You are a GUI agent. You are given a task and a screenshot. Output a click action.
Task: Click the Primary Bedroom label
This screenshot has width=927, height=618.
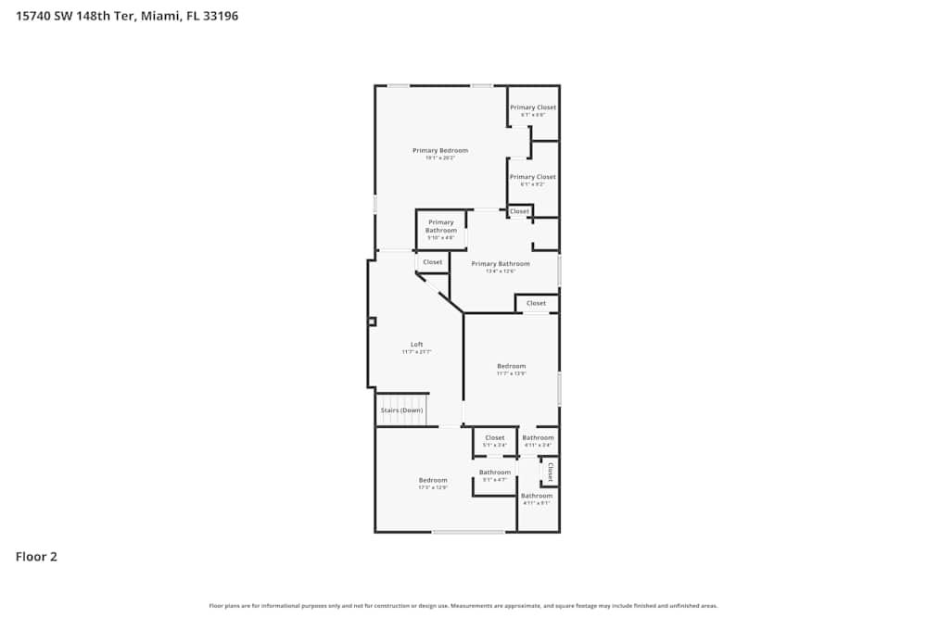coord(440,150)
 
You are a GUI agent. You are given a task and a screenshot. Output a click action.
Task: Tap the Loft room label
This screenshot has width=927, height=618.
coord(417,345)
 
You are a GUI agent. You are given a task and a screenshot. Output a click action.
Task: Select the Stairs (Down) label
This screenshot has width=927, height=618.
coord(401,410)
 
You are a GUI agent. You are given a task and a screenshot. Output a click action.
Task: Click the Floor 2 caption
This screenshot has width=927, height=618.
coord(36,557)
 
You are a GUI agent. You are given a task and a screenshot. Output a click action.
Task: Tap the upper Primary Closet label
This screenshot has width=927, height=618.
coord(533,107)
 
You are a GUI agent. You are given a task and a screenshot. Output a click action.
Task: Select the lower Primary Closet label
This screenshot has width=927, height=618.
coord(533,177)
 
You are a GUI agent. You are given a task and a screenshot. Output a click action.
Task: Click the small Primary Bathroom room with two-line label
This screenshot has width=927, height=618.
coord(441,226)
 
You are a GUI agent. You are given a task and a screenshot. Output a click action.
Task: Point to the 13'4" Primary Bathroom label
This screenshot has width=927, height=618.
coord(501,264)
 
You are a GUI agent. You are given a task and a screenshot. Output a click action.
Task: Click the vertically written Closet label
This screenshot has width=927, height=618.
coord(550,473)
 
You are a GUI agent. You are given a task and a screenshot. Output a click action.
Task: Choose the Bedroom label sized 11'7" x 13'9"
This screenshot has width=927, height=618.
coord(511,366)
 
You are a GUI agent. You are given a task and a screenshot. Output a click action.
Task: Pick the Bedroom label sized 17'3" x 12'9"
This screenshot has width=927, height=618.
coord(433,480)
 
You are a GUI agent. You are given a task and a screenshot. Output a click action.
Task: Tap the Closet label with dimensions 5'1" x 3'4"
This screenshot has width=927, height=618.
coord(495,437)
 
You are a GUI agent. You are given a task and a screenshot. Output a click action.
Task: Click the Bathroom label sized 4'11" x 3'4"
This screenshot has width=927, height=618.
coord(538,437)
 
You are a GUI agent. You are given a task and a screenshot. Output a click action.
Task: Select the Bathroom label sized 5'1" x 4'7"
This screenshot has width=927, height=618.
coord(495,473)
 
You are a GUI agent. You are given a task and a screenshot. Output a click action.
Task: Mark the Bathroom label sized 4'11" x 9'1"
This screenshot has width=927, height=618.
coord(537,496)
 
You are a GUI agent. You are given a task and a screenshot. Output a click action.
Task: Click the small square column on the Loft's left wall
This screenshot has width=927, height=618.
coord(372,322)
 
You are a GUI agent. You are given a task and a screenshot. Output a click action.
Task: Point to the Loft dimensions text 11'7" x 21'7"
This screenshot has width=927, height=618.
coord(417,352)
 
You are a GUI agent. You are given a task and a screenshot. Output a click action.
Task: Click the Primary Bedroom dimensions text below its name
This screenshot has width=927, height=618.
coord(440,158)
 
